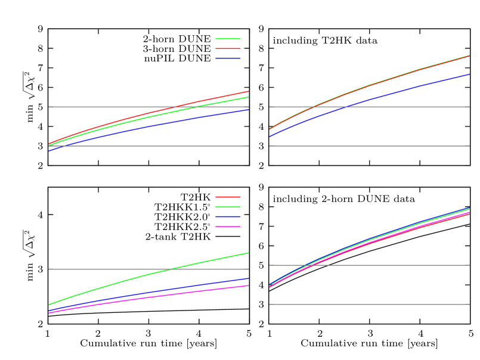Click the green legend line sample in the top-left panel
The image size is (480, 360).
pyautogui.click(x=228, y=39)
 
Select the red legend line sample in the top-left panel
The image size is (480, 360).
pyautogui.click(x=228, y=48)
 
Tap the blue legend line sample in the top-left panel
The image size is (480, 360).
pyautogui.click(x=228, y=58)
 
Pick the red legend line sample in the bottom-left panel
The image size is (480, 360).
pyautogui.click(x=228, y=197)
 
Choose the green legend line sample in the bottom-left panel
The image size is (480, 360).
pyautogui.click(x=228, y=207)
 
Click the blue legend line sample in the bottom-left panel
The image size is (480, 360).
pyautogui.click(x=228, y=217)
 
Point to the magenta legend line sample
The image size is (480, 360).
pyautogui.click(x=228, y=227)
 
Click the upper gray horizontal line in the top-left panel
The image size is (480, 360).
pyautogui.click(x=89, y=107)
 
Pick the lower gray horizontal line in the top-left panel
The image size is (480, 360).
pyautogui.click(x=149, y=146)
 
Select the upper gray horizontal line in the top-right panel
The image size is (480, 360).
pyautogui.click(x=417, y=107)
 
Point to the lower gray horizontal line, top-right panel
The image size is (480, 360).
pyautogui.click(x=370, y=146)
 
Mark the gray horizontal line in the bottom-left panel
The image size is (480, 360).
pyautogui.click(x=89, y=269)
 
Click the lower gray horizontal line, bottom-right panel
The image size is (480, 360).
pyautogui.click(x=370, y=304)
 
